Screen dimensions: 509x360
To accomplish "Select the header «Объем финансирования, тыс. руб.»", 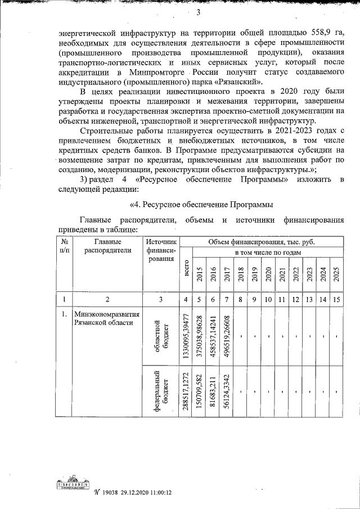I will pyautogui.click(x=261, y=241).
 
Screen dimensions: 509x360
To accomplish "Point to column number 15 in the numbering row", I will pyautogui.click(x=336, y=299).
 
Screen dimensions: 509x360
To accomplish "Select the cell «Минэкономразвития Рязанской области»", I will pyautogui.click(x=106, y=318).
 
